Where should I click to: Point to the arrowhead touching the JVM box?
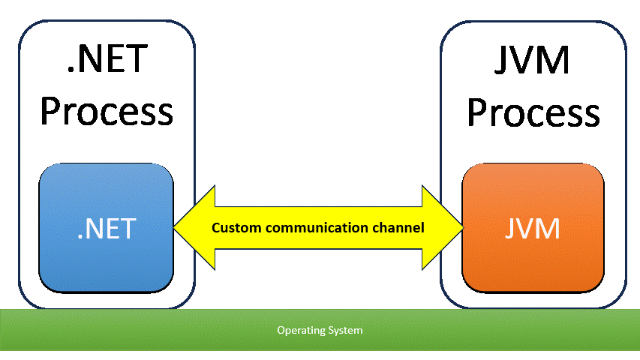(x=443, y=227)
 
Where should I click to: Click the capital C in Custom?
(x=216, y=227)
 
